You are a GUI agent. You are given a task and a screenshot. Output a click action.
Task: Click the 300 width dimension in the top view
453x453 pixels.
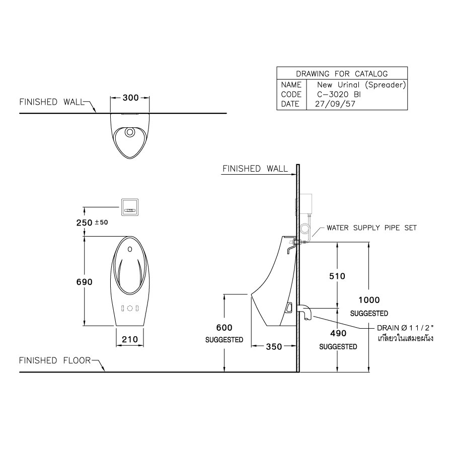pos(130,98)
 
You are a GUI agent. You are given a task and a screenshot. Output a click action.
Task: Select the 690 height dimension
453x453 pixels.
pos(85,282)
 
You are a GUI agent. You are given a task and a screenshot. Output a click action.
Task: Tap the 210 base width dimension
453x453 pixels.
pos(130,340)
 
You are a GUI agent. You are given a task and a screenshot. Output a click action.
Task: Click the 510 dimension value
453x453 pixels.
pos(337,276)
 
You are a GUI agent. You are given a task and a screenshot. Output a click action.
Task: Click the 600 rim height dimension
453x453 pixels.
pos(224,327)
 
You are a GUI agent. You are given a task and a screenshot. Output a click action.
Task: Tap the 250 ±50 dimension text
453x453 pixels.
pos(93,222)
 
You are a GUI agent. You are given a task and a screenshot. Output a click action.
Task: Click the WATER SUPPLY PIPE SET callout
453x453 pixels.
pos(371,228)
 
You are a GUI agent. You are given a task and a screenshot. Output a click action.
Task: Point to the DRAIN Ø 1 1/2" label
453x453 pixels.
pos(405,328)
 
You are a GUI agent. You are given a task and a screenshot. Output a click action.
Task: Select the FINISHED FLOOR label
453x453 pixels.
pos(55,360)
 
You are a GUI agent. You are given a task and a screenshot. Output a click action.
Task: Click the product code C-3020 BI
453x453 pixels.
pos(339,94)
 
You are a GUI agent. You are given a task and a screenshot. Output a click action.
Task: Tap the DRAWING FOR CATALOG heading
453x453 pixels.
pos(342,73)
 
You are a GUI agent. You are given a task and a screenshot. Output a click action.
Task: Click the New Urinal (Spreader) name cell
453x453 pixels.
pos(361,85)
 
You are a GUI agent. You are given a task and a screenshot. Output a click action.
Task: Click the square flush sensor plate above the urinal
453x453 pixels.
pos(130,206)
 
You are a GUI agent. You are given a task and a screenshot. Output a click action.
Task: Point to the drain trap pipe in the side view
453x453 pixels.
pos(306,311)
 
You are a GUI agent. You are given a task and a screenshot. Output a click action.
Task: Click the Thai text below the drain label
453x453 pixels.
pos(406,338)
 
